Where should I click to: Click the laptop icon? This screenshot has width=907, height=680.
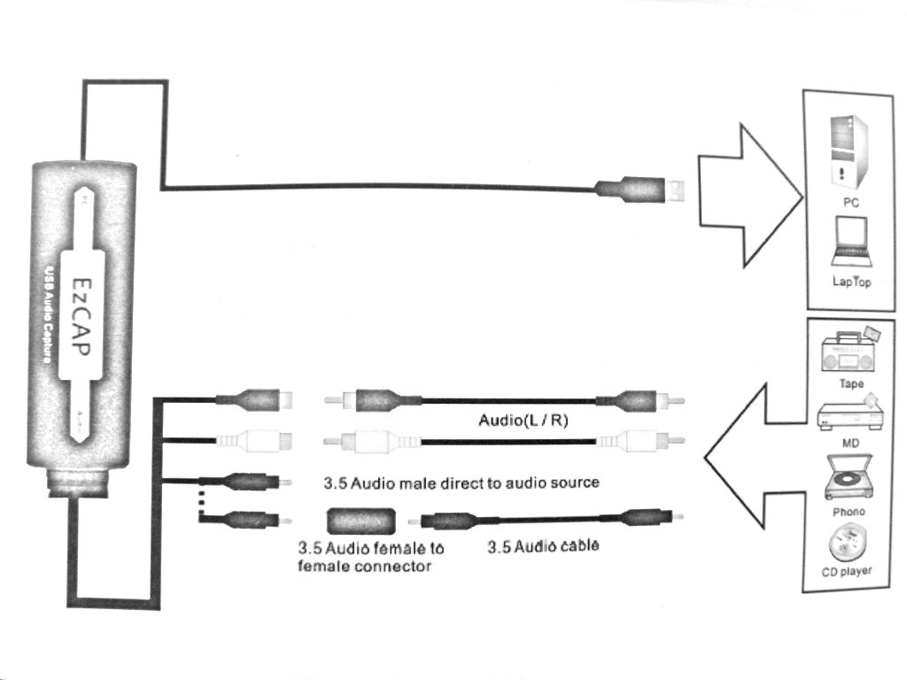[x=851, y=242]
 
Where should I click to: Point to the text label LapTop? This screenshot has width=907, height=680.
[x=851, y=282]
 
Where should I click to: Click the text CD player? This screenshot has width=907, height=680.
[x=846, y=571]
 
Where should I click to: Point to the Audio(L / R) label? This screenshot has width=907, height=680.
[x=523, y=420]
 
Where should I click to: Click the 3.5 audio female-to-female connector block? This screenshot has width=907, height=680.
[x=360, y=521]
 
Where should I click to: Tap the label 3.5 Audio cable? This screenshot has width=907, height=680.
[x=543, y=545]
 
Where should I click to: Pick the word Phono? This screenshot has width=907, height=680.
[x=849, y=512]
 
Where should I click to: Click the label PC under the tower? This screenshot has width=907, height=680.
[x=851, y=203]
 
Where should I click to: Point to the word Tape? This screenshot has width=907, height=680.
[x=851, y=384]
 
